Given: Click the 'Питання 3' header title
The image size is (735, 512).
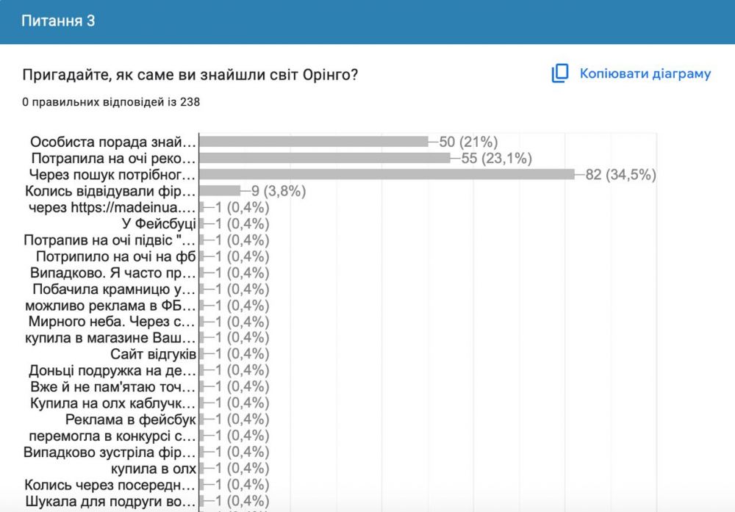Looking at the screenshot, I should pos(58,21).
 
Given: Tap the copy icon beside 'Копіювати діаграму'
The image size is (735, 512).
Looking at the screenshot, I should pos(561,73).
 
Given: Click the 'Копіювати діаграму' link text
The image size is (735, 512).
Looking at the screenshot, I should pos(645,73).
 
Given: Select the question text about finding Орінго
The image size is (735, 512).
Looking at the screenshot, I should pos(190,75).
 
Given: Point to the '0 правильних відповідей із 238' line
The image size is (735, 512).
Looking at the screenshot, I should pos(111,102).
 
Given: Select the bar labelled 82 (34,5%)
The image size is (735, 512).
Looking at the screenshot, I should pos(387,175).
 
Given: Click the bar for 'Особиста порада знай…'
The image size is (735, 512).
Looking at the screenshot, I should pos(314,142).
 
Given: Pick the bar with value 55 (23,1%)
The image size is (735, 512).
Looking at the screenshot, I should pos(325,158).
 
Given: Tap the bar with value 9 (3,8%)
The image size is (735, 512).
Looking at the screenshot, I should pos(220,191).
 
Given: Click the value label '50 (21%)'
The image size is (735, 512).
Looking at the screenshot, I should pos(469,142).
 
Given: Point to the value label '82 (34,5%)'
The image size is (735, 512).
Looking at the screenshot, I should pos(620,175).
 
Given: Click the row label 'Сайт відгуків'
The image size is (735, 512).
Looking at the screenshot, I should pos(153,354).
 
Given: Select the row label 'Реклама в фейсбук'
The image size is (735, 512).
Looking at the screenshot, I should pos(130,419).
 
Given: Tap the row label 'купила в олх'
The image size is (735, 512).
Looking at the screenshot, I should pos(154,469).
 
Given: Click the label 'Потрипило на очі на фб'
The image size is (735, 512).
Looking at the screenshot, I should pos(116,256).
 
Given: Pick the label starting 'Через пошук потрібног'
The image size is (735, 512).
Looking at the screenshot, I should pos(112,175).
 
